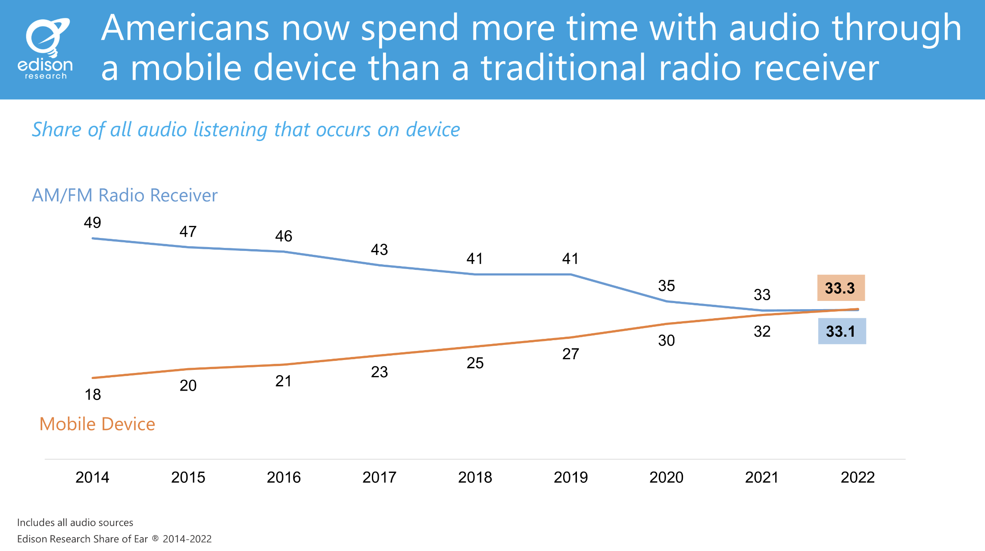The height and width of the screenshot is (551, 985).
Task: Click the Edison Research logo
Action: pyautogui.click(x=46, y=49)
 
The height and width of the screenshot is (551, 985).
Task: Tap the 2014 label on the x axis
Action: pyautogui.click(x=92, y=477)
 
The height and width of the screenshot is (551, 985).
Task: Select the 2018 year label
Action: pyautogui.click(x=475, y=477)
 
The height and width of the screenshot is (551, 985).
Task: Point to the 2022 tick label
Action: pyautogui.click(x=857, y=477)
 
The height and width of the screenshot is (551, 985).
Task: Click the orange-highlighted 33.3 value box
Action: pyautogui.click(x=841, y=288)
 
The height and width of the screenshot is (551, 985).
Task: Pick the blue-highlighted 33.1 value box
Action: pyautogui.click(x=842, y=331)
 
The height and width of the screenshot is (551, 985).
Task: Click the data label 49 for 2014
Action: pyautogui.click(x=92, y=222)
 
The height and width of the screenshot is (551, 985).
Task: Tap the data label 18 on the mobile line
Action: pyautogui.click(x=93, y=394)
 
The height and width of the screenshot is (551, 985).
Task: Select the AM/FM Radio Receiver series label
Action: pyautogui.click(x=125, y=195)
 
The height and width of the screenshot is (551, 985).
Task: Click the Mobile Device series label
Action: pyautogui.click(x=97, y=424)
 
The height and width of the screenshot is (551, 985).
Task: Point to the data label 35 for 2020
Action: pyautogui.click(x=666, y=285)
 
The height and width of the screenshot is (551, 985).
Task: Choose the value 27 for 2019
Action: pyautogui.click(x=570, y=354)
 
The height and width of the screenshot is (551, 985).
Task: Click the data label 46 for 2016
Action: pyautogui.click(x=284, y=236)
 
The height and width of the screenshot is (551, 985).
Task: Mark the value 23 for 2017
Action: pyautogui.click(x=379, y=372)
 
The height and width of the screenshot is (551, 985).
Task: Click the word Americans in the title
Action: pyautogui.click(x=185, y=28)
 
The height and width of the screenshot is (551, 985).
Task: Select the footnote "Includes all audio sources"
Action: pyautogui.click(x=75, y=523)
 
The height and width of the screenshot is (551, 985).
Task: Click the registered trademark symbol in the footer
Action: pyautogui.click(x=155, y=538)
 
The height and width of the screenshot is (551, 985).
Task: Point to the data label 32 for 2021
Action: pyautogui.click(x=762, y=331)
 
